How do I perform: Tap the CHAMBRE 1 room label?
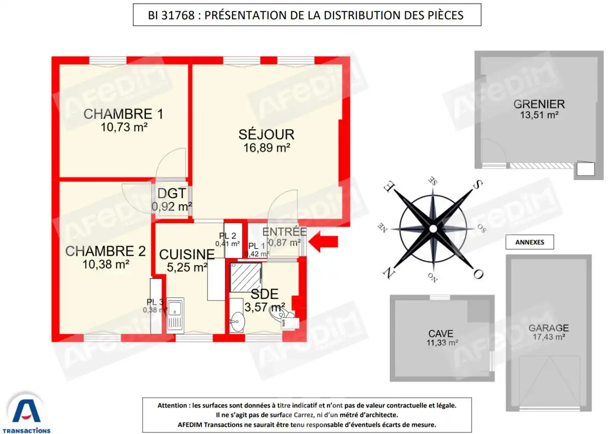pos(123,114)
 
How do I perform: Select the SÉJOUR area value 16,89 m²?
pos(267,148)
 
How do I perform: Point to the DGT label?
pos(172,193)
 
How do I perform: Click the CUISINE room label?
pos(187,254)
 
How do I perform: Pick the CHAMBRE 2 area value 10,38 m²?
pos(106,265)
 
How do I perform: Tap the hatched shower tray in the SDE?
pos(245,277)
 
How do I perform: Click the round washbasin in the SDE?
pos(237,321)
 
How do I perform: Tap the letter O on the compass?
pos(478,274)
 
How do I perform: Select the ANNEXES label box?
pos(529,242)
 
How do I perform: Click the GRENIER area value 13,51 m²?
pos(539,115)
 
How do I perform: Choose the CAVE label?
pos(440,334)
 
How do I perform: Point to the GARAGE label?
pos(548,328)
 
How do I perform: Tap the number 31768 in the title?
pos(178,15)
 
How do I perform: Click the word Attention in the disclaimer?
pos(173,405)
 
